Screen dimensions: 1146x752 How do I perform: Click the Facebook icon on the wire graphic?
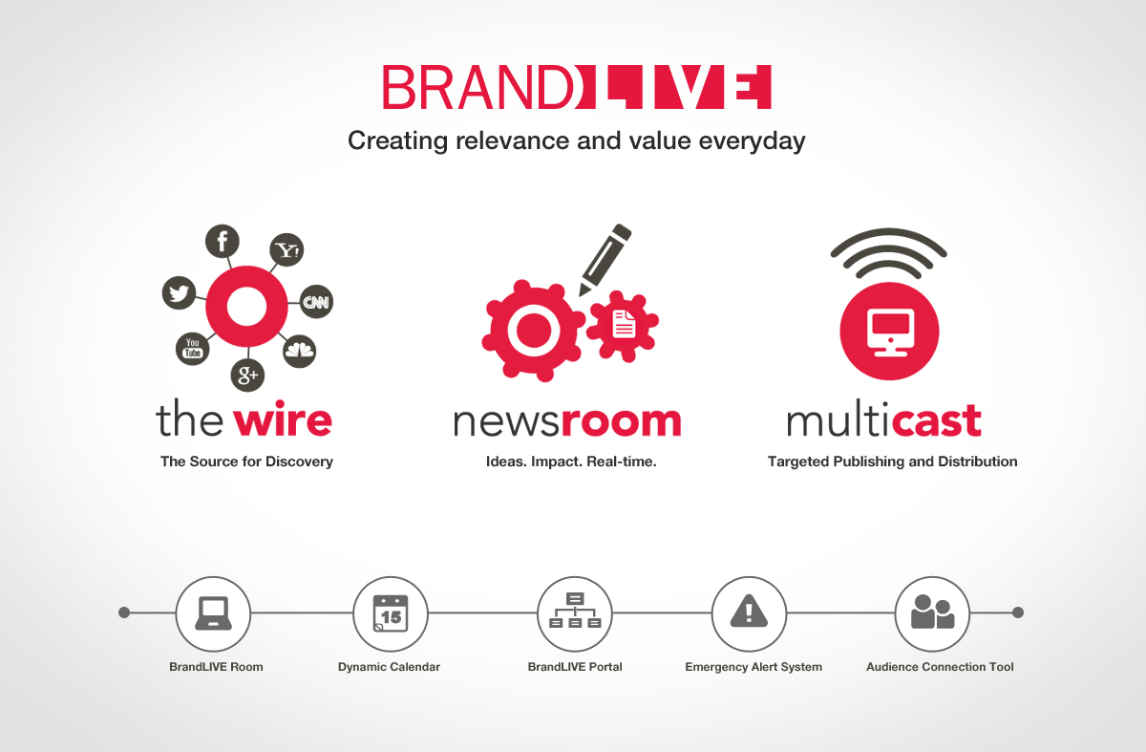pyautogui.click(x=222, y=241)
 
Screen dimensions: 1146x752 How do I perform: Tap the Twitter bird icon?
pyautogui.click(x=179, y=292)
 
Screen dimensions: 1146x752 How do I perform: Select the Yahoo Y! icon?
pyautogui.click(x=286, y=249)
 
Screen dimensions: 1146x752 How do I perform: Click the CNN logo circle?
pyautogui.click(x=316, y=302)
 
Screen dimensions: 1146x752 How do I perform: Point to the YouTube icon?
pyautogui.click(x=192, y=348)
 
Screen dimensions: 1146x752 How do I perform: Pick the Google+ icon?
pyautogui.click(x=247, y=376)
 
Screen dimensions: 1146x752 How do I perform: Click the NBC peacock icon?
pyautogui.click(x=299, y=351)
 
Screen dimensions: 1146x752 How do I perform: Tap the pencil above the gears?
pyautogui.click(x=605, y=260)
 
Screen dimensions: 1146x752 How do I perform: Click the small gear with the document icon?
pyautogui.click(x=623, y=325)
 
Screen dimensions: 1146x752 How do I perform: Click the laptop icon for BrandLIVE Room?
pyautogui.click(x=213, y=613)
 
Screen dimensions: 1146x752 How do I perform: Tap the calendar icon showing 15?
pyautogui.click(x=391, y=613)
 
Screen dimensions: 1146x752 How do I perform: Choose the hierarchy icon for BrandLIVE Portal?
pyautogui.click(x=575, y=611)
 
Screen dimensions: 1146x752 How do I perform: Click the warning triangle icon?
pyautogui.click(x=749, y=611)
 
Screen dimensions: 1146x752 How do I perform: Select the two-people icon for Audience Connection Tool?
pyautogui.click(x=933, y=612)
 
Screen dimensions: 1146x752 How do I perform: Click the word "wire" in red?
pyautogui.click(x=283, y=419)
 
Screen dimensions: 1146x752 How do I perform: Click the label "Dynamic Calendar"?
pyautogui.click(x=389, y=667)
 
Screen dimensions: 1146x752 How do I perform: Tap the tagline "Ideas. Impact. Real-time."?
pyautogui.click(x=571, y=462)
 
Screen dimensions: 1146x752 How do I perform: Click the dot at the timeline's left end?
pyautogui.click(x=124, y=612)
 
